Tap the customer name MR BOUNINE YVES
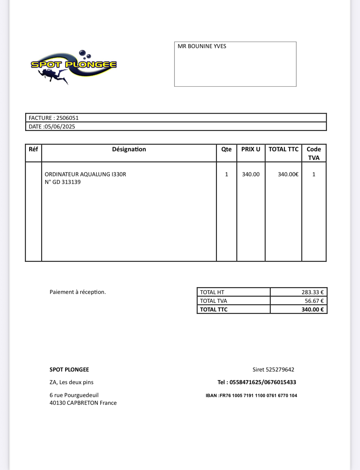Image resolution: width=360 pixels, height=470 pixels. point(202,46)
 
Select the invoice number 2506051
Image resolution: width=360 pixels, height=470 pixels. point(67,118)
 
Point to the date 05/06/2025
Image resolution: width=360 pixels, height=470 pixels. point(60,127)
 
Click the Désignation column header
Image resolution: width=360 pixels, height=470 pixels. point(129,149)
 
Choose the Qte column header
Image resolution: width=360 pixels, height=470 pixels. point(226,149)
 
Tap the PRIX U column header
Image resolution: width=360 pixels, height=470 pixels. point(250,149)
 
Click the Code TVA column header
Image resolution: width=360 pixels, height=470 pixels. point(314,153)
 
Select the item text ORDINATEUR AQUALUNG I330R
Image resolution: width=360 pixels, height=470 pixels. point(85,174)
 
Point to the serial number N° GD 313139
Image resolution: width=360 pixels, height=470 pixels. point(63,182)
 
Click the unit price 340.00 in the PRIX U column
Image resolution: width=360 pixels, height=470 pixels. point(250,174)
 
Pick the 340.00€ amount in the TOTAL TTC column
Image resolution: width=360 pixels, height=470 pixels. point(288,174)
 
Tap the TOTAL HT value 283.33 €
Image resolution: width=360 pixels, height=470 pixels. point(312,292)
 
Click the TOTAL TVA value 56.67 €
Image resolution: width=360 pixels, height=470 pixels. point(314,301)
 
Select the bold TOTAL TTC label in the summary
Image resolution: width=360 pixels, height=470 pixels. point(214,310)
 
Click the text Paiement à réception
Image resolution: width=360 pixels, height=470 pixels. point(78,292)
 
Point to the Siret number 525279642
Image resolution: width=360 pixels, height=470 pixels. point(280,370)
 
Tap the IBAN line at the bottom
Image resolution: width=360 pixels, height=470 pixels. point(251,395)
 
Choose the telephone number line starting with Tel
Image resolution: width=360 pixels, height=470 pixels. point(257,382)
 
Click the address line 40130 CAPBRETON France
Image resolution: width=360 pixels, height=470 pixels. point(83,403)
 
